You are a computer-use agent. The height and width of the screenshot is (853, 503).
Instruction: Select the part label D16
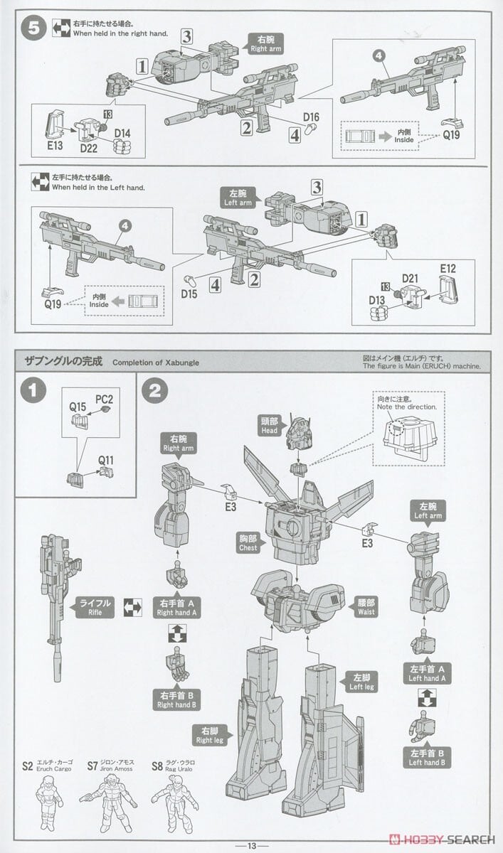[312, 117]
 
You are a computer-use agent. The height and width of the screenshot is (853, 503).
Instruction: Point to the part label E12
[448, 269]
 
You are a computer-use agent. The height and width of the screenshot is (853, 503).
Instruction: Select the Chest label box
[248, 543]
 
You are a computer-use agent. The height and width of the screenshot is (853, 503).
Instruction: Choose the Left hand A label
[427, 674]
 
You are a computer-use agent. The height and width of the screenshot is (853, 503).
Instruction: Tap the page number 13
[251, 845]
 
